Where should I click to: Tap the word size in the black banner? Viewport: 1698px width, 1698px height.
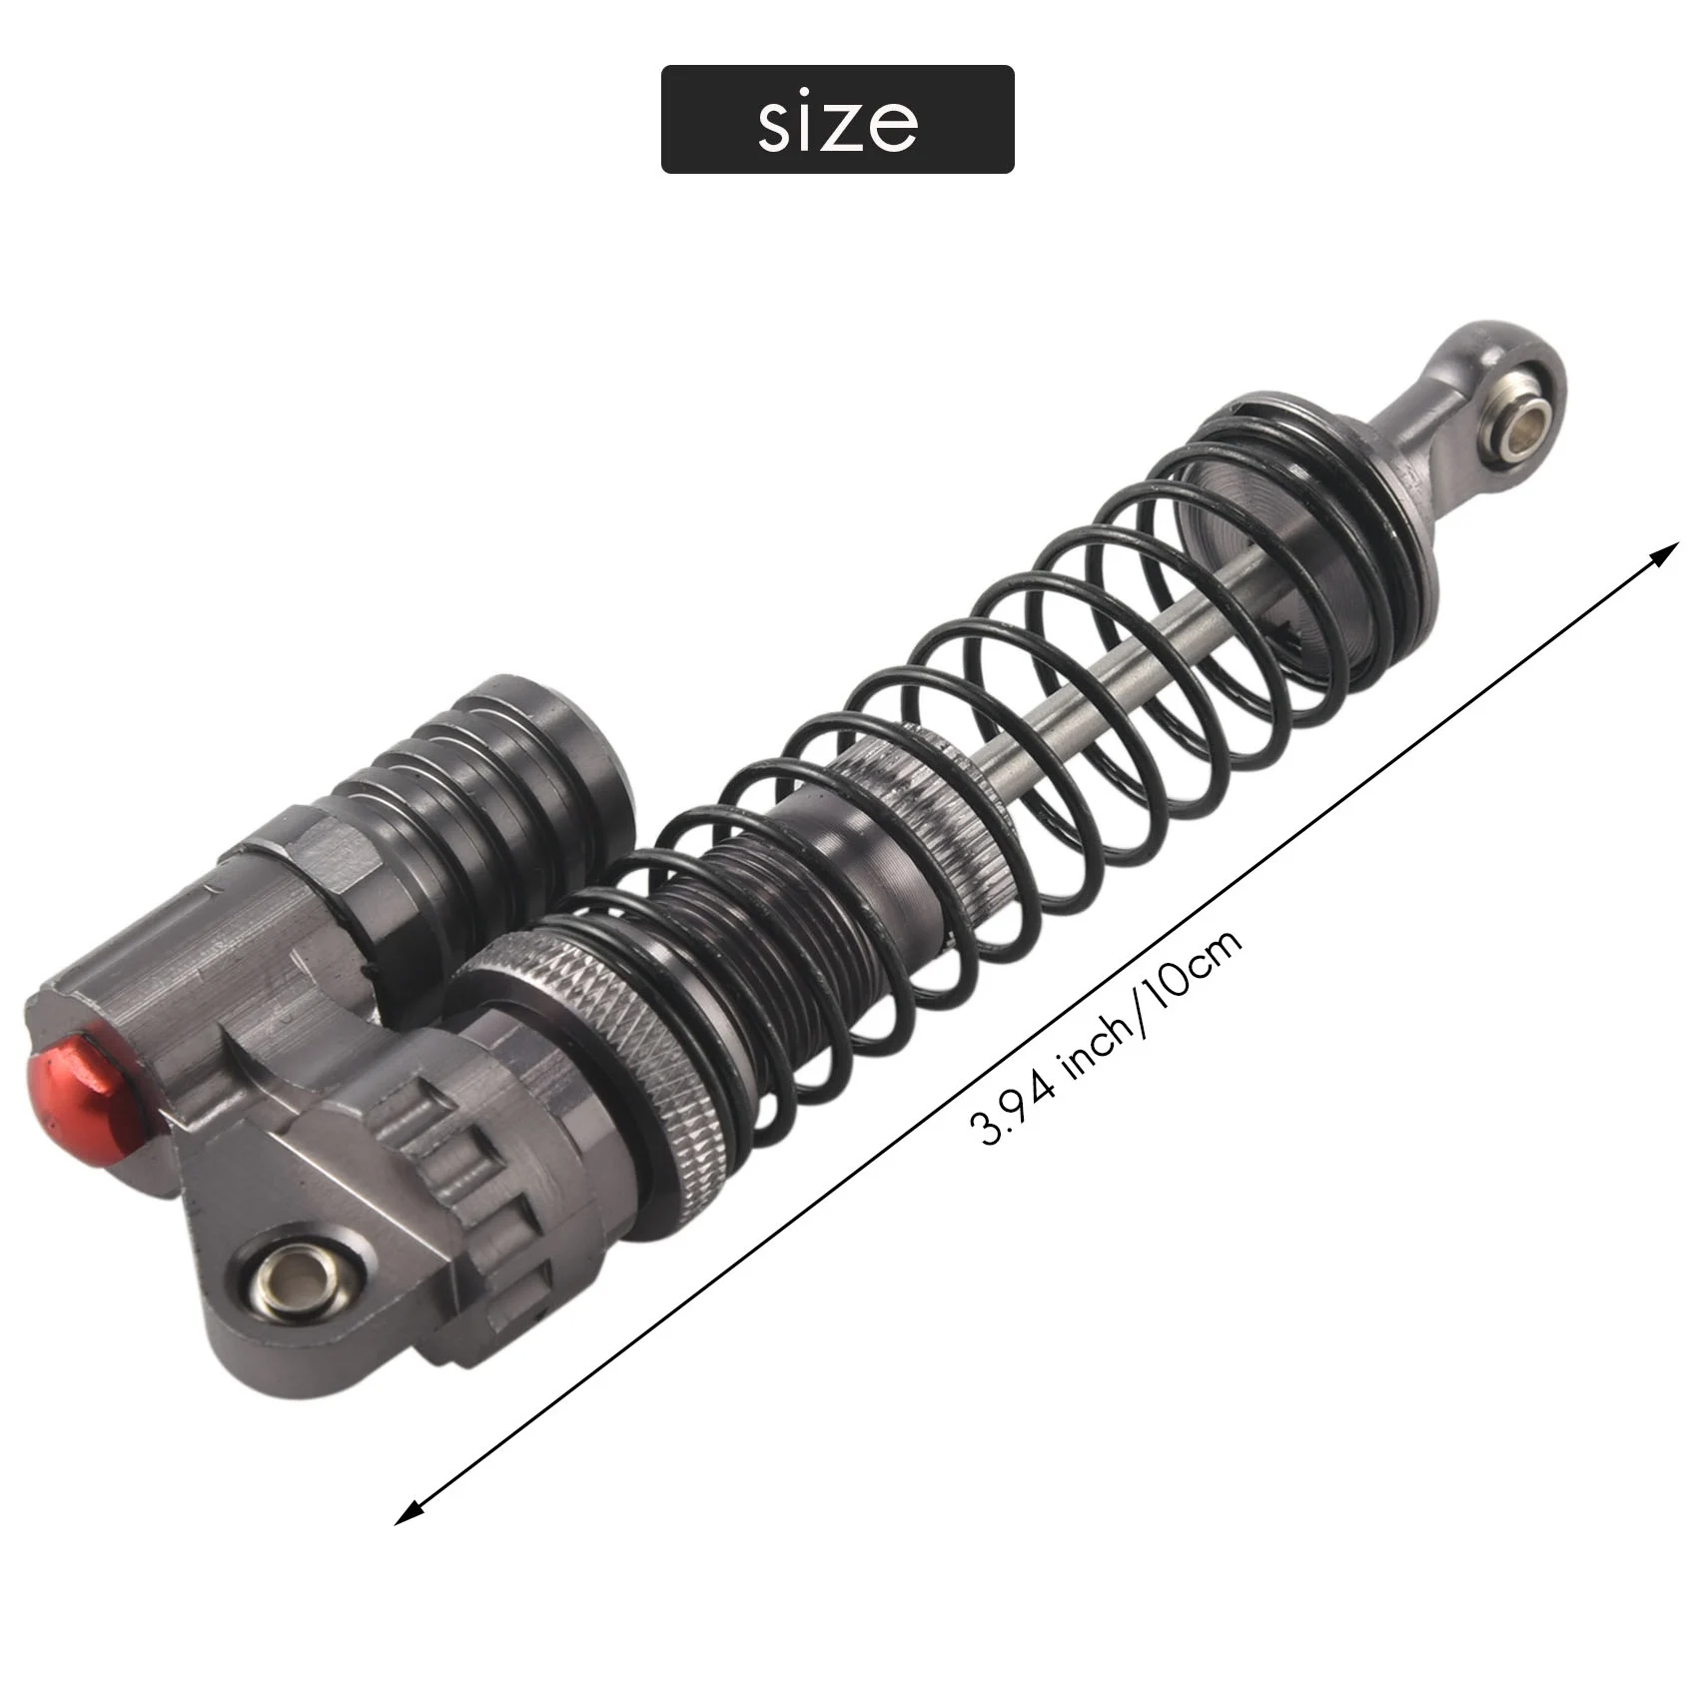click(837, 121)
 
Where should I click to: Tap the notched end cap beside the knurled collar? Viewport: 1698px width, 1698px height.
click(469, 1179)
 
